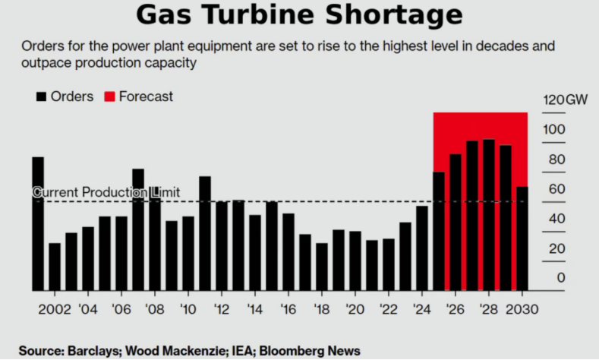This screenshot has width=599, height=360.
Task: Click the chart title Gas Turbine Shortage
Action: click(x=299, y=15)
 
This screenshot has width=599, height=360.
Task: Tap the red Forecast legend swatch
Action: click(x=109, y=96)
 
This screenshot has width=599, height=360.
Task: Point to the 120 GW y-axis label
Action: click(x=565, y=100)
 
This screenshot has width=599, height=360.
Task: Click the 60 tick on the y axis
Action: click(x=556, y=189)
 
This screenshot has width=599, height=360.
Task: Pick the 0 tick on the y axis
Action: click(x=561, y=278)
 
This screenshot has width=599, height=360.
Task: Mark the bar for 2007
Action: click(x=138, y=229)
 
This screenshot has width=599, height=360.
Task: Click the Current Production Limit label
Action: click(x=106, y=192)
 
